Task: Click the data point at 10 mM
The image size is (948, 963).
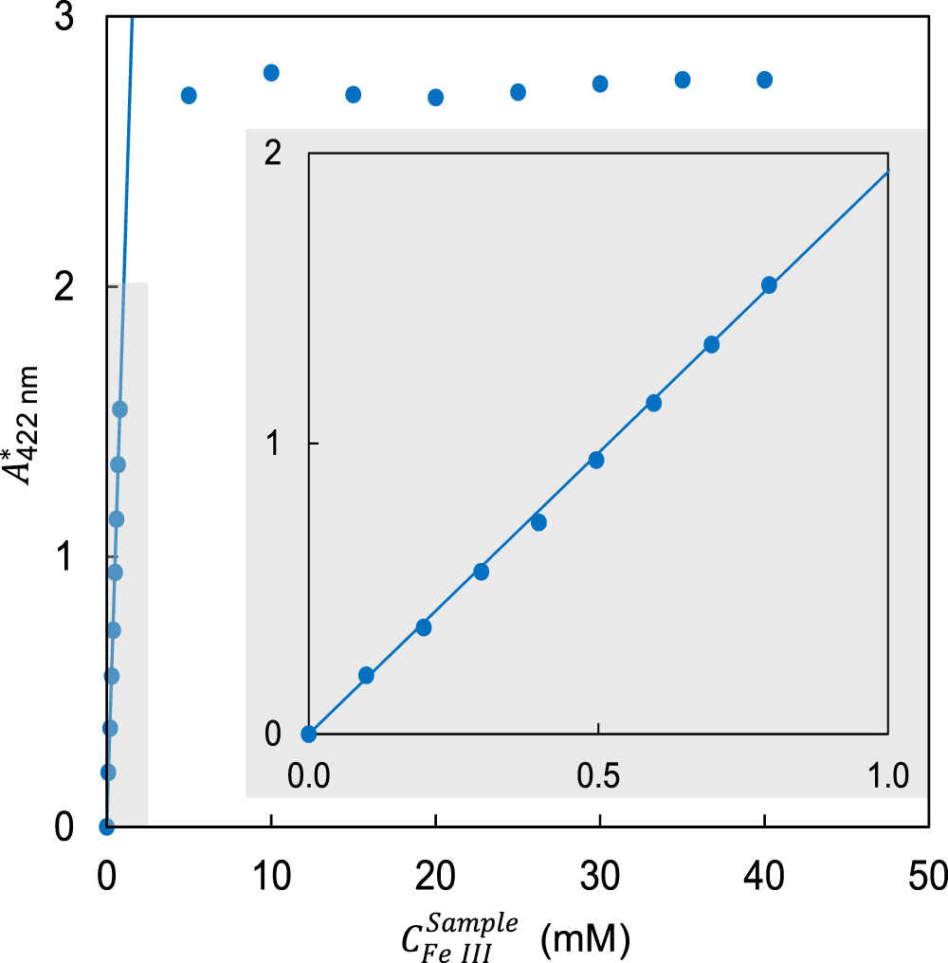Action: (271, 73)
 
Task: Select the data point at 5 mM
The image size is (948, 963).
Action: (189, 95)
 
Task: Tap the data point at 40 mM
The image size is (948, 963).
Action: (764, 80)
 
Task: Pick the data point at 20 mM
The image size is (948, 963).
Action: (436, 97)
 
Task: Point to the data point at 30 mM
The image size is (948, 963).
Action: (600, 83)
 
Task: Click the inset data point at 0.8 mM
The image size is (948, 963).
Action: (769, 285)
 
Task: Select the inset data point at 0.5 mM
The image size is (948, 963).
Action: (596, 460)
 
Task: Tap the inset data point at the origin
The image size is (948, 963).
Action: (308, 733)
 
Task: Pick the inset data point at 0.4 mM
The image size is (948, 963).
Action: (538, 522)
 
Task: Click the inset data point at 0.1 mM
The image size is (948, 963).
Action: (366, 675)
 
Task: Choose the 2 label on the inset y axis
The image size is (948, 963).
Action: (273, 154)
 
